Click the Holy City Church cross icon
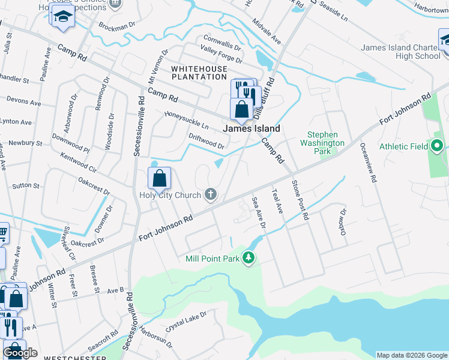click(210, 194)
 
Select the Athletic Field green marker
click(437, 146)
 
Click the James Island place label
click(251, 128)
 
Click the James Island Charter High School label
click(401, 52)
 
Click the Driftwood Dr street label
click(206, 142)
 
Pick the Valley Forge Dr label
click(221, 55)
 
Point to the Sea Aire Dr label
click(259, 213)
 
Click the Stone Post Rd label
click(300, 199)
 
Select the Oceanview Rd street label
click(368, 163)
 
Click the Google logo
click(20, 353)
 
